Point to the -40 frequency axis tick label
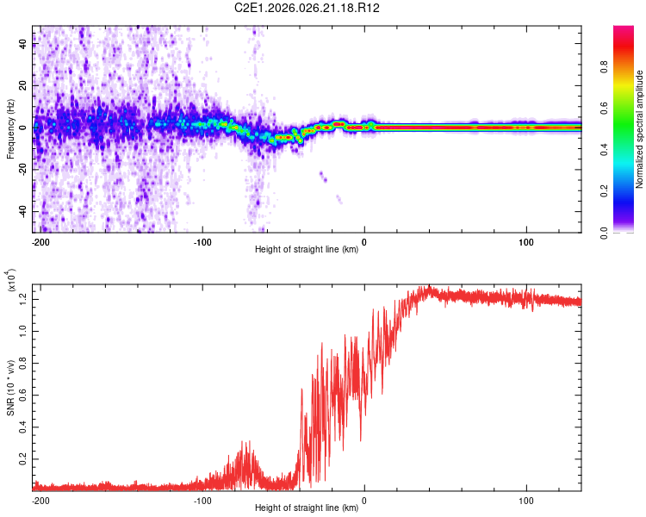coord(23,211)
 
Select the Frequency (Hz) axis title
coord(10,129)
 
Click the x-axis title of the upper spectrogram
coord(307,250)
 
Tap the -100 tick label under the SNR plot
coord(202,500)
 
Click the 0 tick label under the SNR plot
coord(364,500)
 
